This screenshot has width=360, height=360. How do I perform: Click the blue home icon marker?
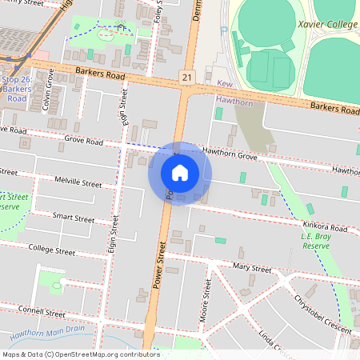[180, 173]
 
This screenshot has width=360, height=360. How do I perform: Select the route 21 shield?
[186, 76]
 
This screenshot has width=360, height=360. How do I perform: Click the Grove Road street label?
[84, 142]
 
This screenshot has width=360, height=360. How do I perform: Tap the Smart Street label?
[74, 218]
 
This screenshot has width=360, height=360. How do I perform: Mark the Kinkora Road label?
[326, 229]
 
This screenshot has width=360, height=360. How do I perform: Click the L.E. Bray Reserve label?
[315, 242]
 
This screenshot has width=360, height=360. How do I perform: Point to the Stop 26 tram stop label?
[17, 89]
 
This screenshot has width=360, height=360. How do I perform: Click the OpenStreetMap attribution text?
[81, 354]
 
